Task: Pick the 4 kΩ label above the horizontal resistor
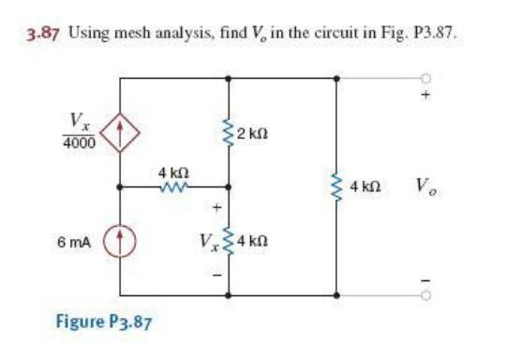[x=175, y=171]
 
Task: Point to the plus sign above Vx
[x=216, y=205]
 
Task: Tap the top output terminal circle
[x=429, y=79]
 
